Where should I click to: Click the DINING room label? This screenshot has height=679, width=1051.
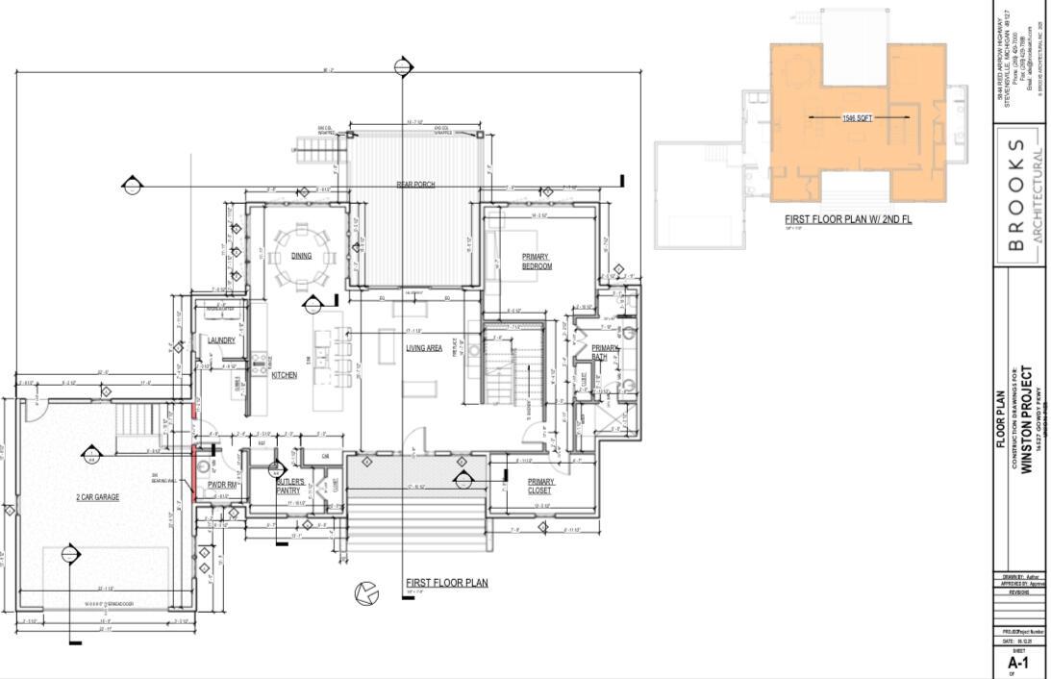point(301,257)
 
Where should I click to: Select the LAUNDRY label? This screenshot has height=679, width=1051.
point(221,340)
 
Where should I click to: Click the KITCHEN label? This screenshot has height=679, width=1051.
point(284,375)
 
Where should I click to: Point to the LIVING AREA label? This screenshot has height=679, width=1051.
point(423,348)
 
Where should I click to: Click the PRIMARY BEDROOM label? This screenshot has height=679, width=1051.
point(536,262)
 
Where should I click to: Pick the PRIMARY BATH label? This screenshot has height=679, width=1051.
point(606,352)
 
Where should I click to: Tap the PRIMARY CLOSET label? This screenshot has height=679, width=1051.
point(539,486)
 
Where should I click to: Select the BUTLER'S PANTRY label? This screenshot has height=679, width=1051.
point(290,486)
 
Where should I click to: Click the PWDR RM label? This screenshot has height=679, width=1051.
point(222,485)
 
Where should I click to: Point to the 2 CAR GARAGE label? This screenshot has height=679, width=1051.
point(98,497)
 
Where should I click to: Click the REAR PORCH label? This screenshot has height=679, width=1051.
point(416,184)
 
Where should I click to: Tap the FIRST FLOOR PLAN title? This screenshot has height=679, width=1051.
point(446,583)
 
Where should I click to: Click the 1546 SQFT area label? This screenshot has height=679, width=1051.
point(858,117)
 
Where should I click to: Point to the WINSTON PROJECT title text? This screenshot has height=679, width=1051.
point(1027,419)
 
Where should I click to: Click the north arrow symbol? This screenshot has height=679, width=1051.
point(365,594)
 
